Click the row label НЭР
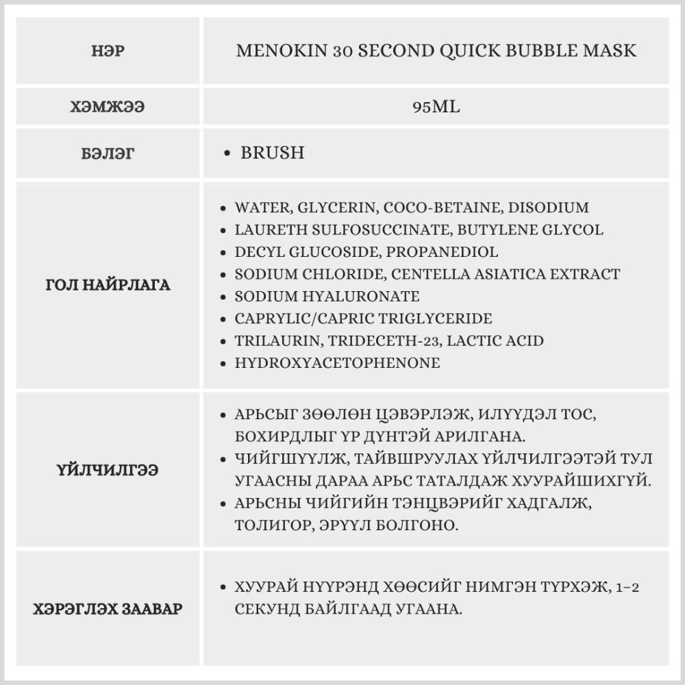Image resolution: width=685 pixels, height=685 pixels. [x=108, y=51]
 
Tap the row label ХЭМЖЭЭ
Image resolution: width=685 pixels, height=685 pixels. [x=108, y=108]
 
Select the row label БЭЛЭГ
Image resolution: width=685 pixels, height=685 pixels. [x=108, y=153]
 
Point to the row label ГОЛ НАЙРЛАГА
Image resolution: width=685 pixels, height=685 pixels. [x=108, y=285]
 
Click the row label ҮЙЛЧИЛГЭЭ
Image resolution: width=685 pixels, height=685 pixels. [x=108, y=470]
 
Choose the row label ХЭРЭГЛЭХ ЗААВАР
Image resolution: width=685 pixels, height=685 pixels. [x=108, y=608]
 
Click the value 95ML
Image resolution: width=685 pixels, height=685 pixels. [x=436, y=108]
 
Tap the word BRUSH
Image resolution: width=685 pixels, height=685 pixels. [x=272, y=152]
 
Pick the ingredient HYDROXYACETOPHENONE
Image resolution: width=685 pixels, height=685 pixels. [x=337, y=363]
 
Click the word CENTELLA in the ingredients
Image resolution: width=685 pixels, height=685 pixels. [x=427, y=274]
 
